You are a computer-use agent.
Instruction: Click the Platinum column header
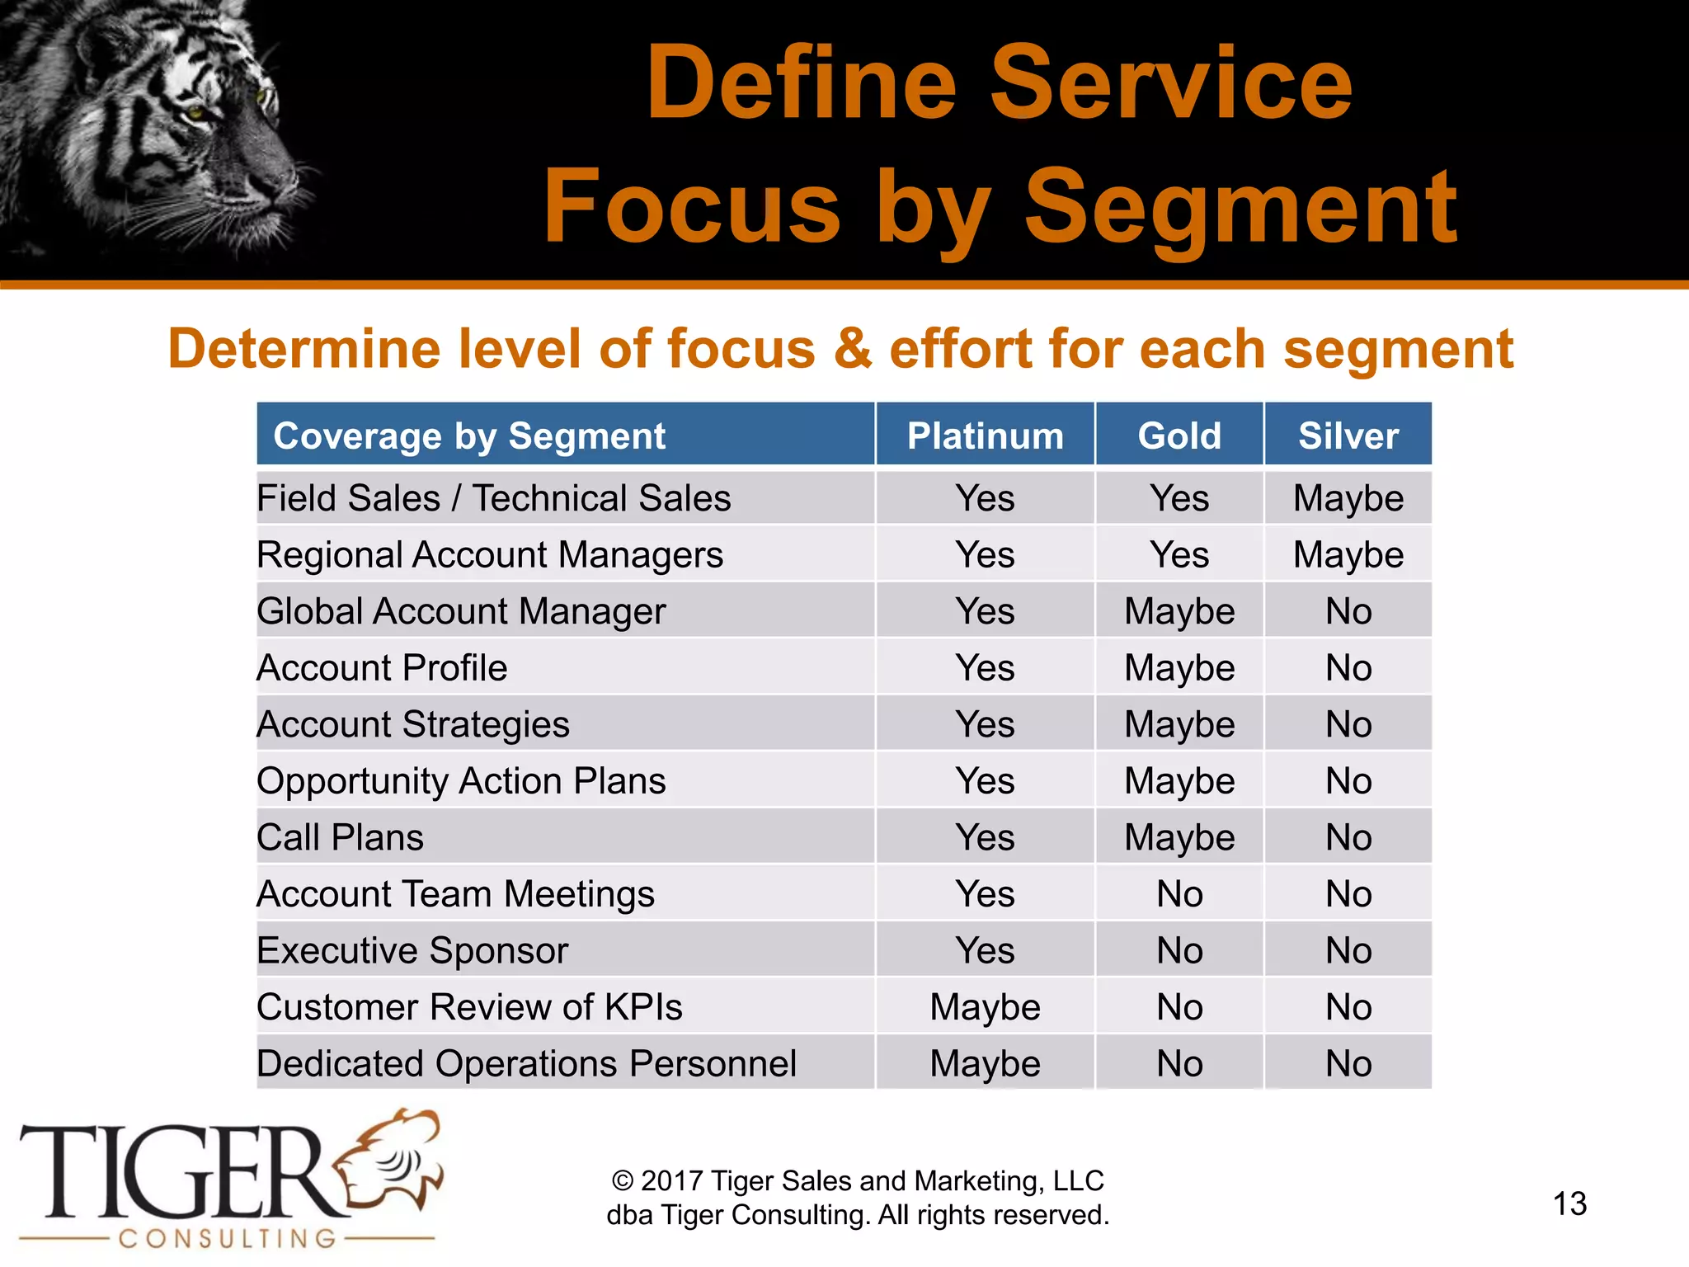tap(985, 436)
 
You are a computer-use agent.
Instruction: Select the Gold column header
tap(1179, 436)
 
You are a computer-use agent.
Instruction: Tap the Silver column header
tap(1348, 436)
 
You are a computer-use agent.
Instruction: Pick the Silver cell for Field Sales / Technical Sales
tap(1348, 498)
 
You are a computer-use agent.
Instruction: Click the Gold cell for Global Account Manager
tap(1179, 611)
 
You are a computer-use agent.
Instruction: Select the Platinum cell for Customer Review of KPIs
tap(985, 1007)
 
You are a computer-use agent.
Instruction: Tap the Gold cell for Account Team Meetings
tap(1179, 894)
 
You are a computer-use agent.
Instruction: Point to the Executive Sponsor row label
tap(412, 950)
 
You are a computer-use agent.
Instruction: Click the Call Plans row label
tap(340, 837)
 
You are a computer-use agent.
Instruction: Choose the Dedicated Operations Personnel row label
tap(526, 1063)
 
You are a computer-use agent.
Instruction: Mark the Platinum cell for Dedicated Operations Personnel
tap(985, 1063)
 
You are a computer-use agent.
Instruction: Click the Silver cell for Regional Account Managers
tap(1348, 554)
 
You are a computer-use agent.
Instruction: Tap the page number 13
tap(1569, 1203)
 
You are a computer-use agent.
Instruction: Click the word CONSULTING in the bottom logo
tap(227, 1238)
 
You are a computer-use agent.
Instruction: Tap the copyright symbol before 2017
tap(623, 1181)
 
